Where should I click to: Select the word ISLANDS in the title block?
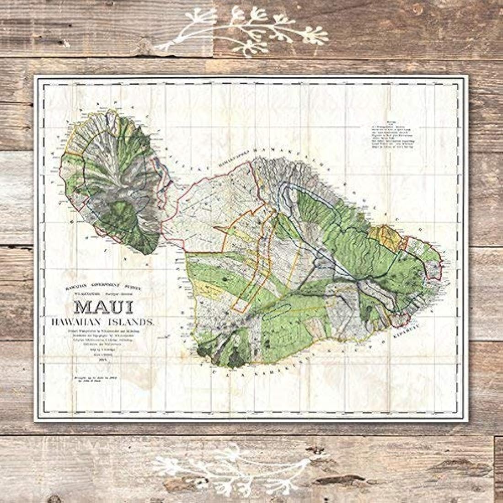click(132, 322)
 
